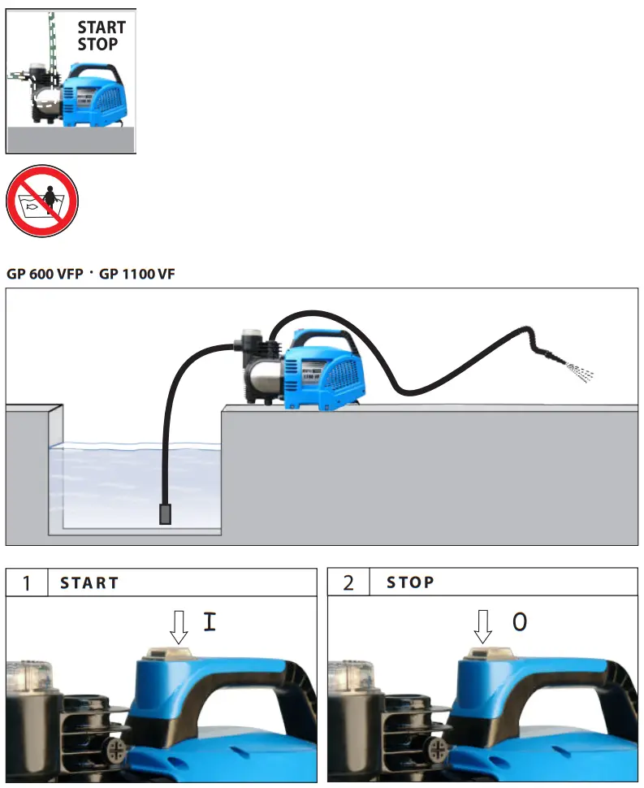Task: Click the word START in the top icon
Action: click(x=102, y=28)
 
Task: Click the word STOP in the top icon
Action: click(x=97, y=44)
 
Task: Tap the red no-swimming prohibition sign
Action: click(x=42, y=201)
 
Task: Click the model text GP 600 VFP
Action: click(x=45, y=275)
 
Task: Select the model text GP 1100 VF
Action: click(x=137, y=275)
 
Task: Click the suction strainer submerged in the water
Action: click(x=166, y=513)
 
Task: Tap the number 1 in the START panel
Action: click(x=27, y=583)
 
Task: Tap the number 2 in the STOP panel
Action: click(x=348, y=583)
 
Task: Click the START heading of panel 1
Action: click(x=89, y=583)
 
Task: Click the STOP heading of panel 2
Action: click(x=410, y=583)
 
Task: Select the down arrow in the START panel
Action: click(x=179, y=626)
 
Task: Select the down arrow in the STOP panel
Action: click(x=484, y=626)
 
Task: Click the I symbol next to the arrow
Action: click(x=210, y=623)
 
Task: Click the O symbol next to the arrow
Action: click(x=520, y=623)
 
